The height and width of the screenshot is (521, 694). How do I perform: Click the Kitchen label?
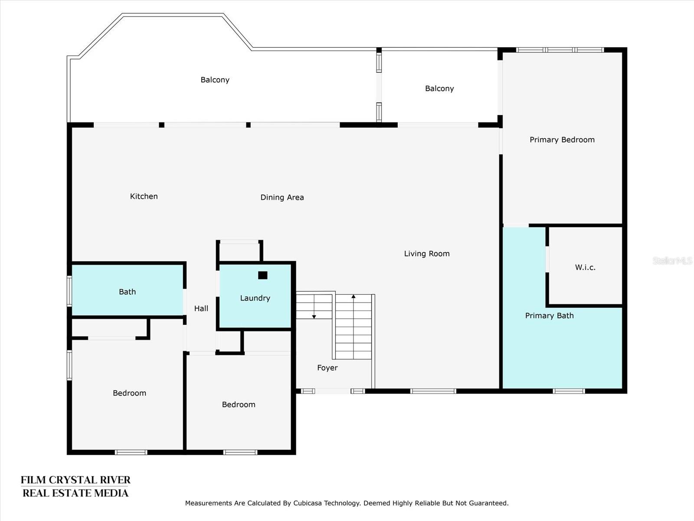pyautogui.click(x=144, y=196)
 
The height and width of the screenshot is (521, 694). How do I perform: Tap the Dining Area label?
pyautogui.click(x=282, y=198)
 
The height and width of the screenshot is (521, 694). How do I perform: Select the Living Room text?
pyautogui.click(x=427, y=254)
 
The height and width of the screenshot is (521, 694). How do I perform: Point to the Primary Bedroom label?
pyautogui.click(x=562, y=140)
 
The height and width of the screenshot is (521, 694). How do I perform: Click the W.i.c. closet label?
pyautogui.click(x=585, y=267)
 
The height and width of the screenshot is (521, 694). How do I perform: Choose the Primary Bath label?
pyautogui.click(x=550, y=316)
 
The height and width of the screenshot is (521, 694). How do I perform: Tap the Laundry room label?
pyautogui.click(x=255, y=298)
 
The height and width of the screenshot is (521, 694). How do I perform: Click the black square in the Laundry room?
pyautogui.click(x=263, y=275)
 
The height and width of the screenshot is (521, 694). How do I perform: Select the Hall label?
pyautogui.click(x=201, y=308)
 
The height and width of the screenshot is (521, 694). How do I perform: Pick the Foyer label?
pyautogui.click(x=327, y=368)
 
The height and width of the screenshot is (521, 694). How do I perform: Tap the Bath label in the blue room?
pyautogui.click(x=128, y=292)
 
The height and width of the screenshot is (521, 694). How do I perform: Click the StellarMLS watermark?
pyautogui.click(x=672, y=260)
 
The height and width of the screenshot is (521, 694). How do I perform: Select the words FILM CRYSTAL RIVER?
pyautogui.click(x=75, y=480)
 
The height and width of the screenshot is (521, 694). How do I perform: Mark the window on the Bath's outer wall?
pyautogui.click(x=69, y=291)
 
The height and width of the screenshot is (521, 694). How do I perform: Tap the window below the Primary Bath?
pyautogui.click(x=569, y=391)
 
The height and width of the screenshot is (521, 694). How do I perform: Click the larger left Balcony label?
pyautogui.click(x=215, y=80)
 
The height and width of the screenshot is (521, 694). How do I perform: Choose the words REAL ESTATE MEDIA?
pyautogui.click(x=75, y=493)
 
